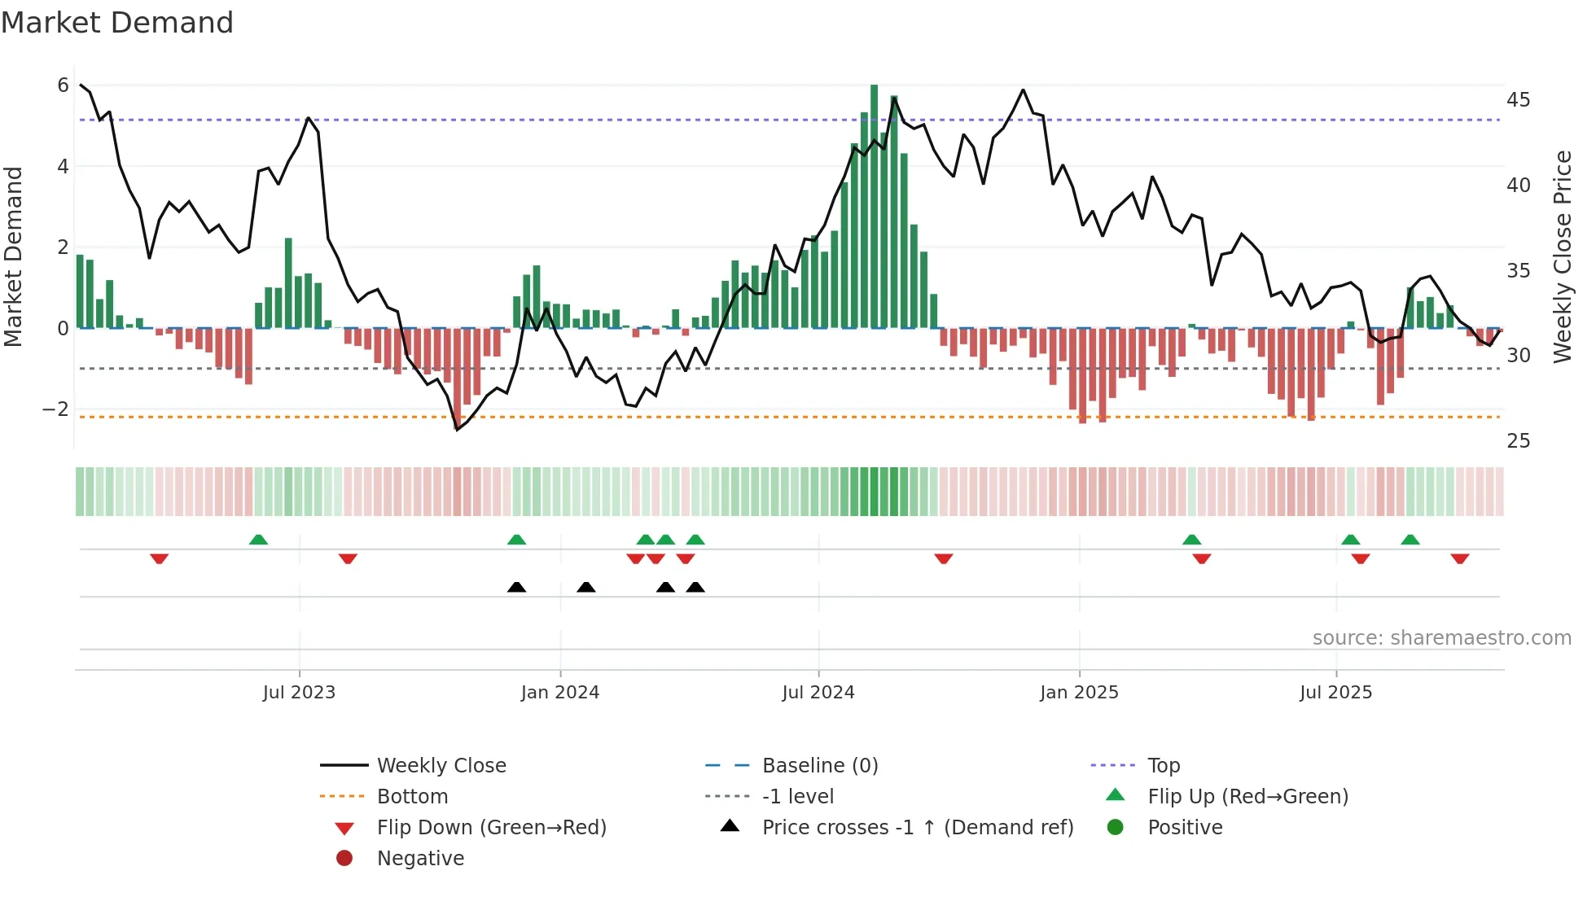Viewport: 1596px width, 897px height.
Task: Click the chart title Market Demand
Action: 117,23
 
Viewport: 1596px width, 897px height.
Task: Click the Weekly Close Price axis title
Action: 1562,256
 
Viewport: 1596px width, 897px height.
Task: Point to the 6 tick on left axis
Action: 63,85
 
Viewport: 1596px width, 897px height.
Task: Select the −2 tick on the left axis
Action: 56,409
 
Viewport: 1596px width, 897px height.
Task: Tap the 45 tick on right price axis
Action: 1518,100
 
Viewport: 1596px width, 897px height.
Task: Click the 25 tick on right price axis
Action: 1518,441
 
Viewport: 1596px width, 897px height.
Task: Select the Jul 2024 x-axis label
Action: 818,693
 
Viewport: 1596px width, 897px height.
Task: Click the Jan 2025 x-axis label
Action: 1079,693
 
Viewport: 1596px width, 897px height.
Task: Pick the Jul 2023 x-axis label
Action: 299,693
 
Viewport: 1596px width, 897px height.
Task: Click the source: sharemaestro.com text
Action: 1441,638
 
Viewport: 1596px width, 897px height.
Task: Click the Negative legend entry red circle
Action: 344,859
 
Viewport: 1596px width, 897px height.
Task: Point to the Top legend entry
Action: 1163,766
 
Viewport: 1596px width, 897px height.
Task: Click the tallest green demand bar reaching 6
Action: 874,203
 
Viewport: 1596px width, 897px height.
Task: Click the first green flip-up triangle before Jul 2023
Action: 258,540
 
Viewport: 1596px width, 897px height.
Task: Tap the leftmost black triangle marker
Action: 516,587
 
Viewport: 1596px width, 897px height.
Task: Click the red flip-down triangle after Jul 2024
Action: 944,558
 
